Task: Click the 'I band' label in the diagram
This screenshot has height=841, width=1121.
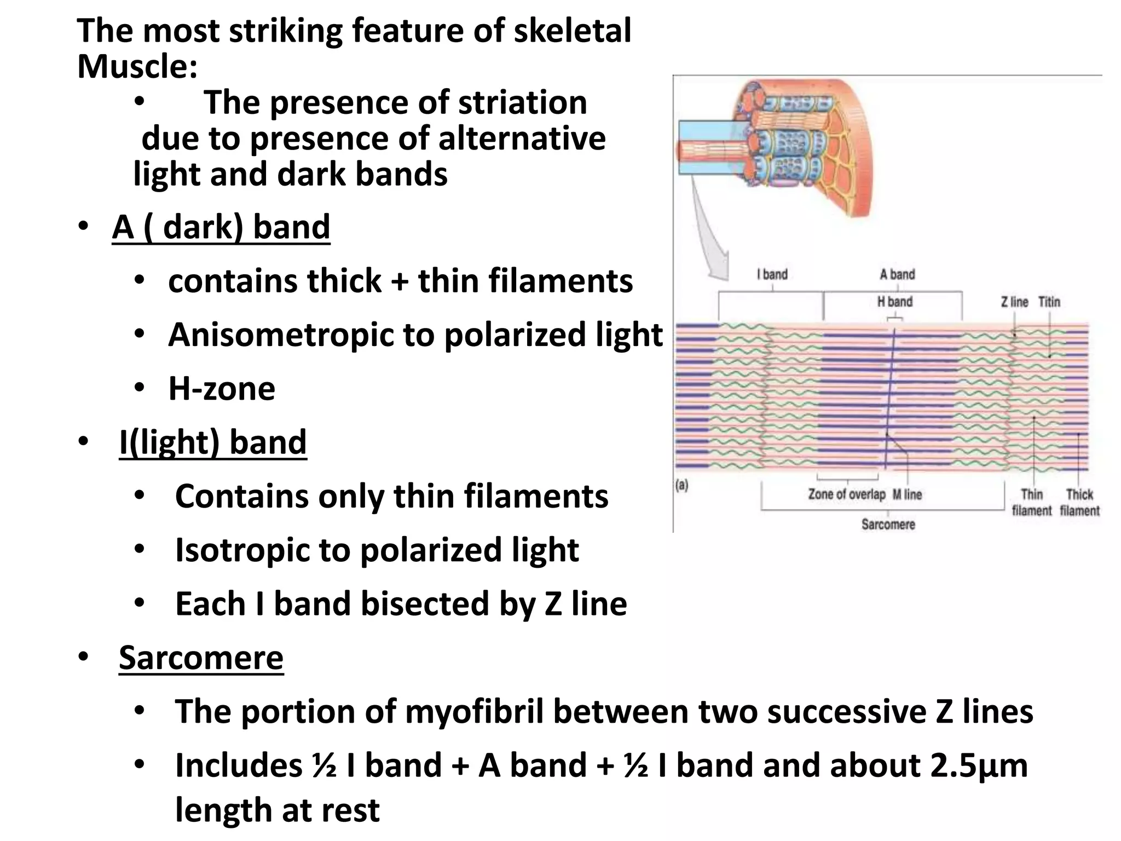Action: pos(772,274)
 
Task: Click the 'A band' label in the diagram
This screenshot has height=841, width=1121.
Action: pos(897,274)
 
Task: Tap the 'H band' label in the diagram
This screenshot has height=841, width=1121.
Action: pos(894,302)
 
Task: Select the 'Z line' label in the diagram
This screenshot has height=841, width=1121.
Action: pos(1014,302)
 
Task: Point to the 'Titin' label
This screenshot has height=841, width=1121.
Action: pos(1049,302)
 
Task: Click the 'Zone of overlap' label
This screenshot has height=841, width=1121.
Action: pos(846,494)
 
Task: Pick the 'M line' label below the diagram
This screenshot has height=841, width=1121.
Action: pos(907,494)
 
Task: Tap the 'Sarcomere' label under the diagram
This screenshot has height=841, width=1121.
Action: pos(888,525)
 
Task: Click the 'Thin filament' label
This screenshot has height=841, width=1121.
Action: pos(1032,503)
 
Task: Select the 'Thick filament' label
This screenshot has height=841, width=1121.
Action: pos(1079,503)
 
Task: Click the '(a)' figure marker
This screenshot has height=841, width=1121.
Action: pos(682,485)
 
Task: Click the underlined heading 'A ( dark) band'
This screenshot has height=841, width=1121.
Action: pos(221,227)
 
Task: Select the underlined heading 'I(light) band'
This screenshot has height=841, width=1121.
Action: pos(213,442)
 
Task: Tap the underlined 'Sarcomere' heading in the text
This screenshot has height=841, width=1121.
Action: pos(201,658)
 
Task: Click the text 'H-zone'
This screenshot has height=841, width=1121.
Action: pos(222,389)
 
